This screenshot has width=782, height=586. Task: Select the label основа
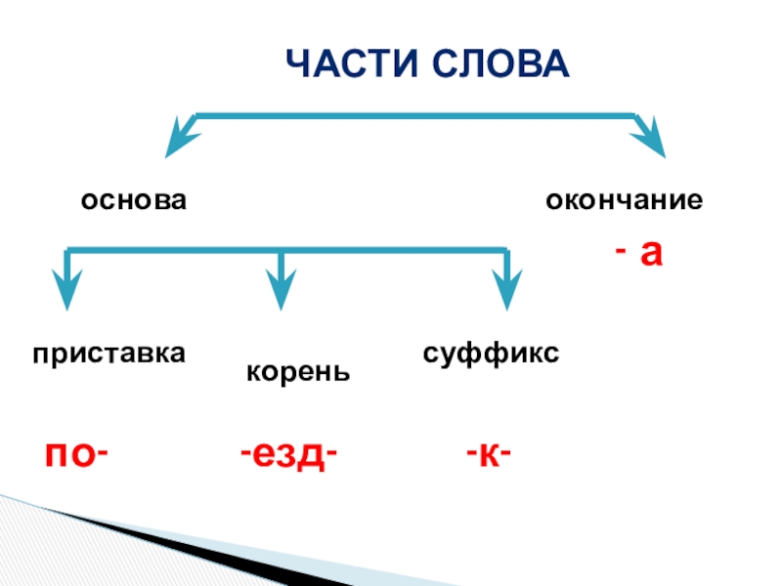(134, 200)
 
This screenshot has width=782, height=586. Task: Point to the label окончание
(624, 201)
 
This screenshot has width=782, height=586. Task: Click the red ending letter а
(652, 254)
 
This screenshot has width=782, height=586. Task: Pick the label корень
(298, 372)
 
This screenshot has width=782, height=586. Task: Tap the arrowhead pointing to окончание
(650, 140)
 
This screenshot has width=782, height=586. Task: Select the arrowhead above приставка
(66, 293)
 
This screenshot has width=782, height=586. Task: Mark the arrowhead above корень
(282, 293)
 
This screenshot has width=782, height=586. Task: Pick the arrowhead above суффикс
(506, 293)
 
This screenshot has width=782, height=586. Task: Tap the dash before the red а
(620, 254)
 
